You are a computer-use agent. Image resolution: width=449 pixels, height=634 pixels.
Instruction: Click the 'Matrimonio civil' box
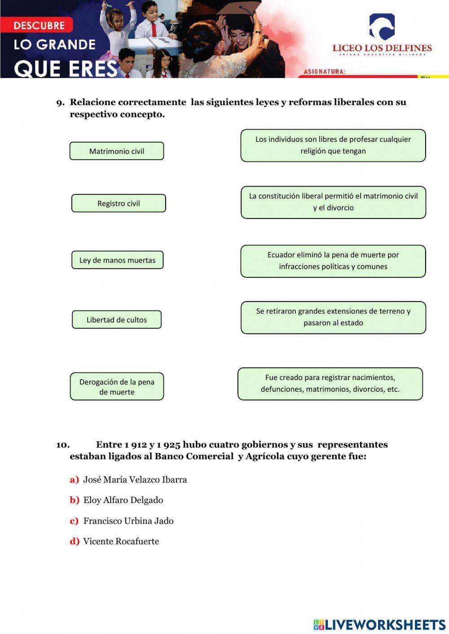(x=117, y=151)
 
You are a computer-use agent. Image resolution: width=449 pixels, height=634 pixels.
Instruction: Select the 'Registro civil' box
(x=119, y=203)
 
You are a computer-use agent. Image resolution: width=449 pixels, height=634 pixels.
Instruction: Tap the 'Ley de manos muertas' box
(x=117, y=260)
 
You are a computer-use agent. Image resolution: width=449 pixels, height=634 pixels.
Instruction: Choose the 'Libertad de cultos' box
(x=117, y=319)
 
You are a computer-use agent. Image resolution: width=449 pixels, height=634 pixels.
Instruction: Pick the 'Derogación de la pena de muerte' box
(x=117, y=386)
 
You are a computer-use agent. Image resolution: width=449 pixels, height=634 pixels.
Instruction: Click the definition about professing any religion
(x=333, y=145)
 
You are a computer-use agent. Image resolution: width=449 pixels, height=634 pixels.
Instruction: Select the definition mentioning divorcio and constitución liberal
(x=333, y=202)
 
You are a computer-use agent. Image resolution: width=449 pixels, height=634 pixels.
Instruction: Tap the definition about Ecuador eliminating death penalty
(x=333, y=261)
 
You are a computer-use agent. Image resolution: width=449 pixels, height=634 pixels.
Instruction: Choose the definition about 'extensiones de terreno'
(x=333, y=317)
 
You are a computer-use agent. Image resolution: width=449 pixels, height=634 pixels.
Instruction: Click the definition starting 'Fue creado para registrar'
(x=330, y=384)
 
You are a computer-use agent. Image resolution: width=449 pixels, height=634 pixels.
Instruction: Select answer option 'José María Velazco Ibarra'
(x=135, y=480)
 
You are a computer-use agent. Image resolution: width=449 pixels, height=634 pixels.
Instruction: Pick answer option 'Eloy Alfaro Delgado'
(x=123, y=500)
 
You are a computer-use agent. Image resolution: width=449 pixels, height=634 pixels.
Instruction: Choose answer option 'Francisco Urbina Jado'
(x=128, y=521)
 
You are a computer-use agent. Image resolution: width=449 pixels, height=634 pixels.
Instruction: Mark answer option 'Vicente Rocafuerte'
(x=121, y=542)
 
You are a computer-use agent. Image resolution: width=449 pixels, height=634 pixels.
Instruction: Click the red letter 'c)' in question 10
(x=74, y=521)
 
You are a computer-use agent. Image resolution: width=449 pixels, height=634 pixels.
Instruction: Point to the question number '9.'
(x=60, y=103)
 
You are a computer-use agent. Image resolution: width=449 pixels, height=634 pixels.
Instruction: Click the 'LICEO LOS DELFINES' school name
(x=382, y=48)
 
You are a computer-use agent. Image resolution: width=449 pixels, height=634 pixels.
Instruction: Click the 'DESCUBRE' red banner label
(x=39, y=26)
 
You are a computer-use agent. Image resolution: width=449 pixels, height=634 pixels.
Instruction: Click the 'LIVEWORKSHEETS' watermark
(x=379, y=625)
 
